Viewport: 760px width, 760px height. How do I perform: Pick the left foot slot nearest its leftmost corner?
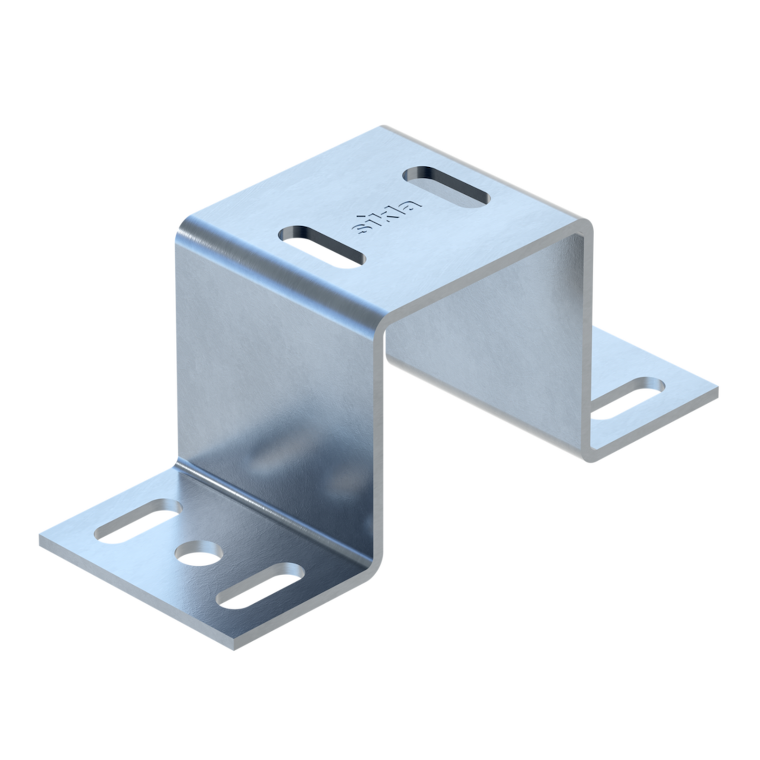coord(138,521)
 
